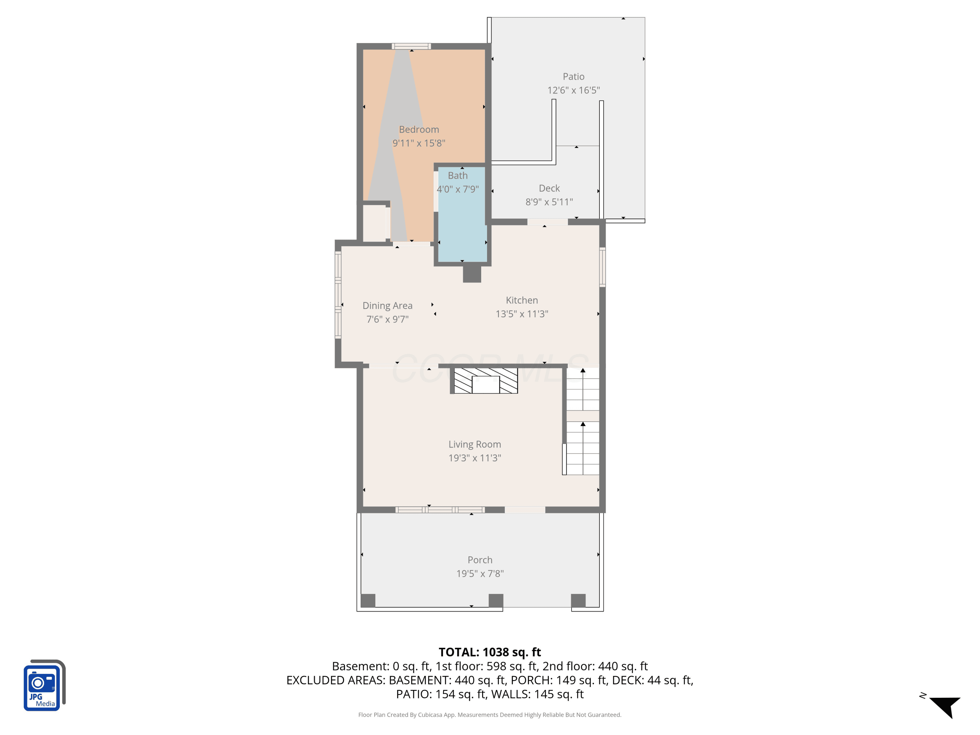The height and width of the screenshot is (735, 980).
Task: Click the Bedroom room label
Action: (419, 129)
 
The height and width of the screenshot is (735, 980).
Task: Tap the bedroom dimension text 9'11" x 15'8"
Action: (419, 143)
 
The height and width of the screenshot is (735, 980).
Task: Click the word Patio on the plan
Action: (573, 77)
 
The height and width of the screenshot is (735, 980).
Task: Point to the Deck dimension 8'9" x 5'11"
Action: (549, 202)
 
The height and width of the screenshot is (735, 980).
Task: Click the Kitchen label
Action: (522, 301)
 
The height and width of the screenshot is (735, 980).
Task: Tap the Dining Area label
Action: (387, 306)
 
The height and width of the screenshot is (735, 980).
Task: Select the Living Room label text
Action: (475, 444)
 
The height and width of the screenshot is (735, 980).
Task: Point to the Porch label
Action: (480, 560)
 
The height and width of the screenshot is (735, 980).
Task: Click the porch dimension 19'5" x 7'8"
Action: (480, 574)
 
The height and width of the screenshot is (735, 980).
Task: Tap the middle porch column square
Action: (496, 600)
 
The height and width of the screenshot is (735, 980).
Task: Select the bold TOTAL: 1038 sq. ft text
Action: (490, 652)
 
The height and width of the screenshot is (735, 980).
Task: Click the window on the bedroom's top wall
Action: (411, 46)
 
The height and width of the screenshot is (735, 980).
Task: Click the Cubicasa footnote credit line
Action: (490, 715)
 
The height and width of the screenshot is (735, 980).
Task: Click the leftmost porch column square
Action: (368, 600)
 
